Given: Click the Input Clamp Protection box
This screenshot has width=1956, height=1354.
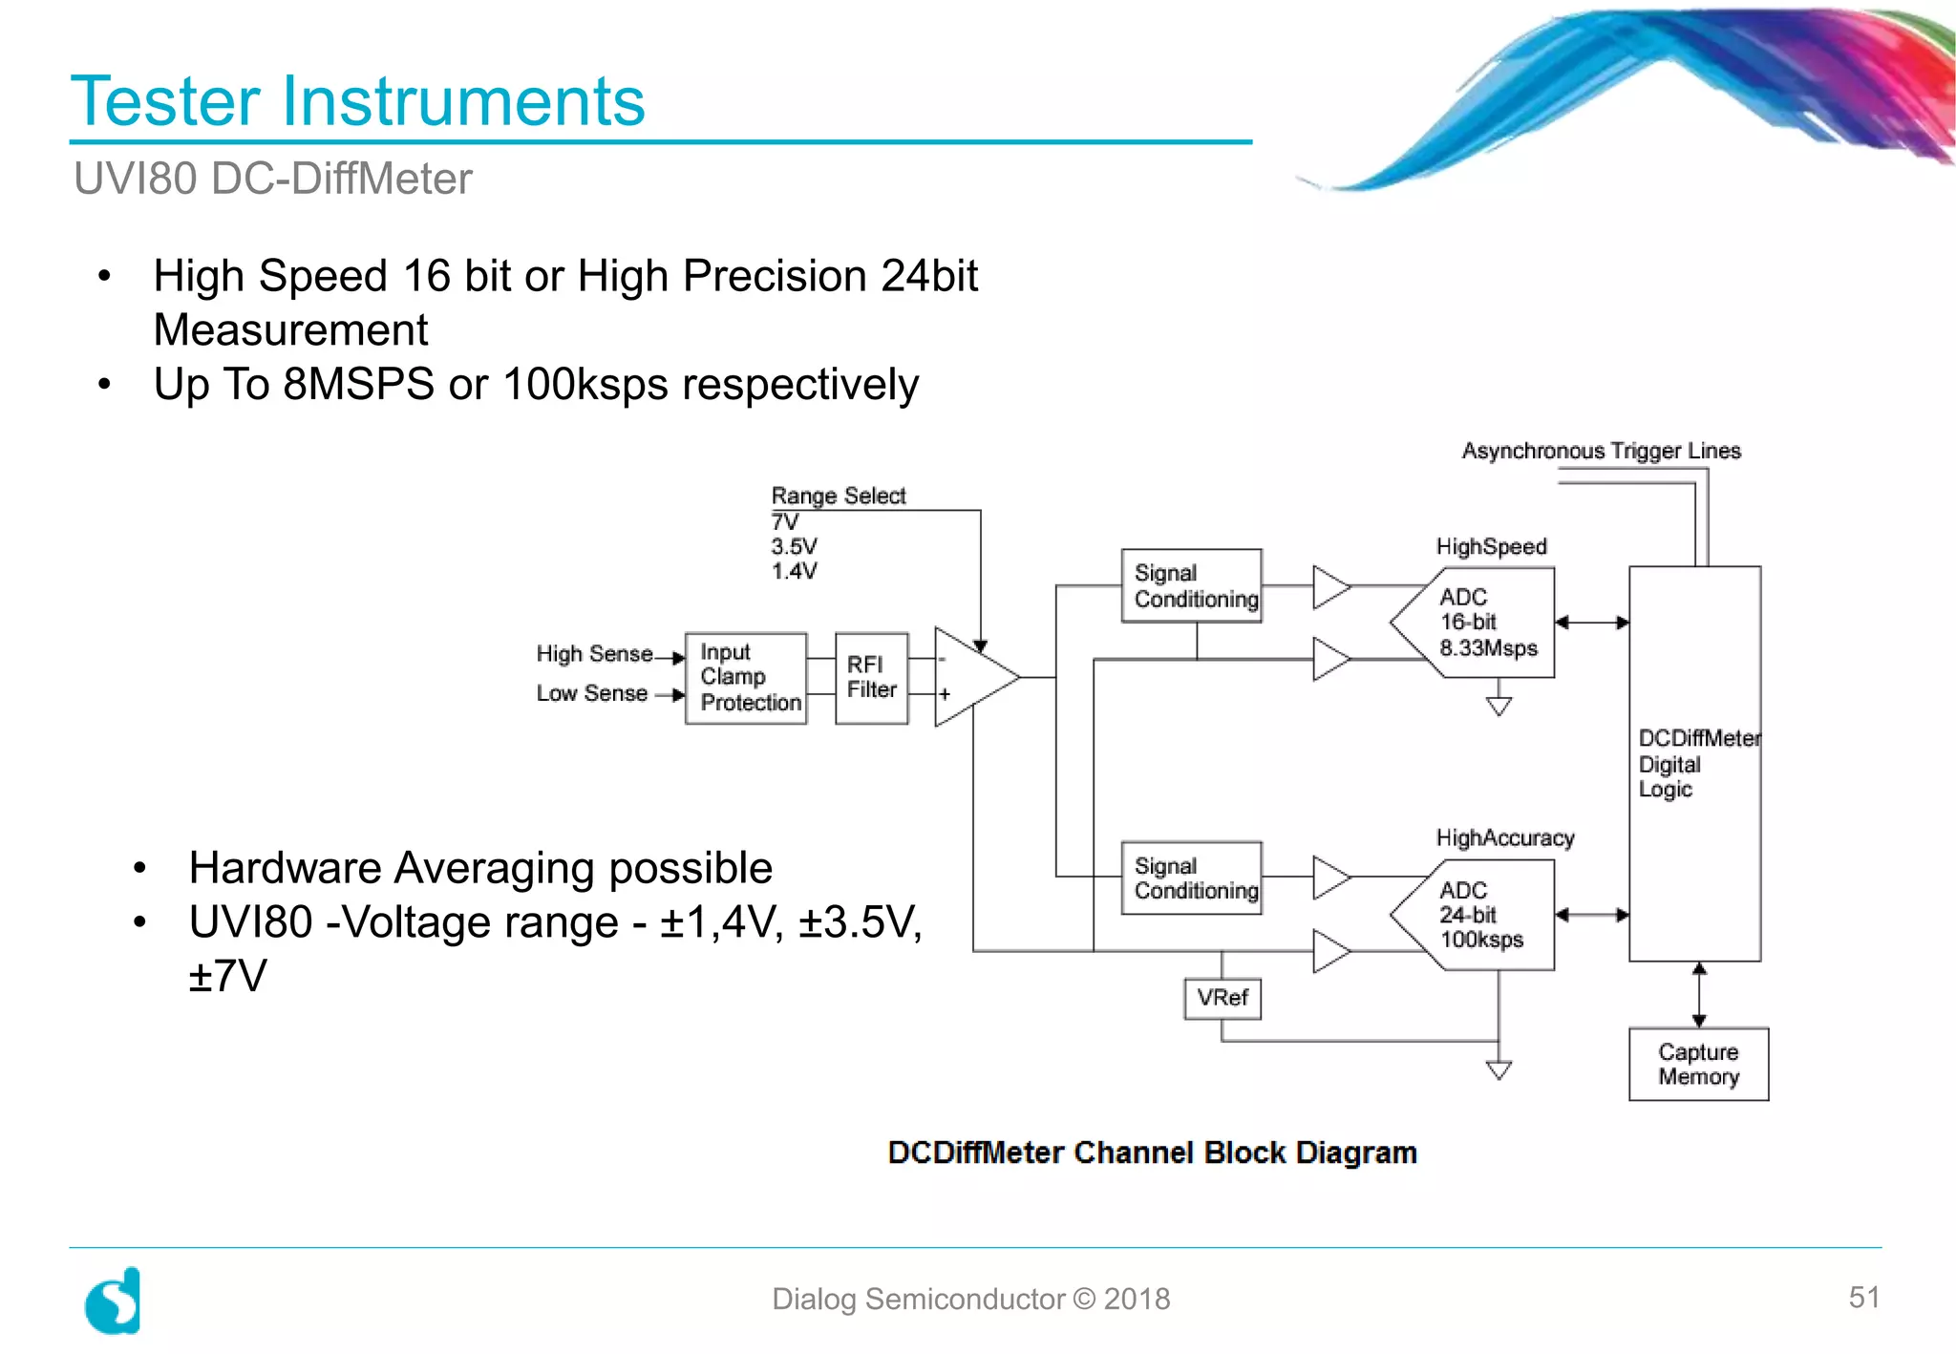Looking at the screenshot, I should click(746, 678).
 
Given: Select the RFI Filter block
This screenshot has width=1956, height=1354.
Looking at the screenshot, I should click(871, 678).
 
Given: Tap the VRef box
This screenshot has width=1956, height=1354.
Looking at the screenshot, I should click(1222, 998).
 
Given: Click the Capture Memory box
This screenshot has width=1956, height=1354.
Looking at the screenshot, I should click(1698, 1064).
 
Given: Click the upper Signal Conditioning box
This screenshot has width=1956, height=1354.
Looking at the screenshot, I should click(1191, 585).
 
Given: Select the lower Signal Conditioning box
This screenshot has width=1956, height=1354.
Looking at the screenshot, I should click(1191, 878).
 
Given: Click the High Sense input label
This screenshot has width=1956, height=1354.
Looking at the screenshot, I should click(594, 654).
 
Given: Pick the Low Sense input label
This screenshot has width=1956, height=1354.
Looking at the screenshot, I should click(591, 693).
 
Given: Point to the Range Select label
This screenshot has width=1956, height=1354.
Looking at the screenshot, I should click(838, 496).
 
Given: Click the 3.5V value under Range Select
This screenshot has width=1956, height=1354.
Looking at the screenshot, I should click(794, 546).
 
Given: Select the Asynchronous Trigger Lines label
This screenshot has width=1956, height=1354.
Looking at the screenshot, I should click(1601, 451).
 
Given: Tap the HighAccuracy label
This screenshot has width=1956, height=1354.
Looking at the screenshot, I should click(1504, 837).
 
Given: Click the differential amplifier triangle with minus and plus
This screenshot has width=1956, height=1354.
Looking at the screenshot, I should click(969, 677).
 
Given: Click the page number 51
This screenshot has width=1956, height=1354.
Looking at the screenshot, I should click(1863, 1297).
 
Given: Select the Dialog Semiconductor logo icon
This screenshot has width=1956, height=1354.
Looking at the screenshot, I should click(113, 1301).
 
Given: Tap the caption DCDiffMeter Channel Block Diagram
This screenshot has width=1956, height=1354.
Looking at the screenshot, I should click(1152, 1153).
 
